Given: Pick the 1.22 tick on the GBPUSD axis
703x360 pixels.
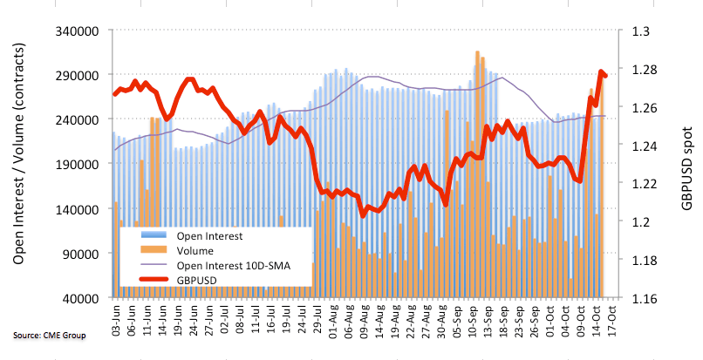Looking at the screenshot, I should click(x=644, y=183).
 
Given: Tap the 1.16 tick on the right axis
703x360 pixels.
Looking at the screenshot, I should click(x=644, y=298).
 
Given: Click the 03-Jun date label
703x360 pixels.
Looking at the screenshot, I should click(x=115, y=317).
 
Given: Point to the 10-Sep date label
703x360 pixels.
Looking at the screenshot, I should click(x=468, y=317).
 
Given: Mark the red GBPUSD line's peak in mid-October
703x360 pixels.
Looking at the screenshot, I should click(x=600, y=72).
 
